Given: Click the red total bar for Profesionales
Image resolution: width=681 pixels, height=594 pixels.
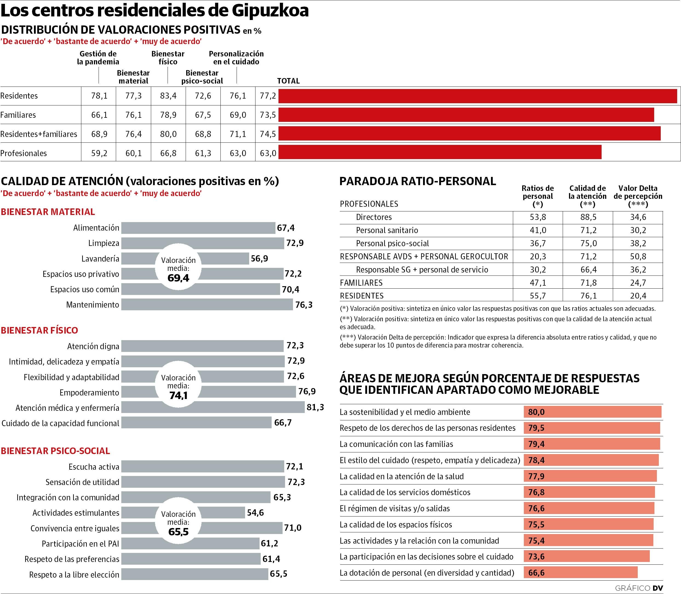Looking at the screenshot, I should coord(439,152).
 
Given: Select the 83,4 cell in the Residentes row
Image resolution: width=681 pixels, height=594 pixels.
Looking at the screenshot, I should coord(168,96).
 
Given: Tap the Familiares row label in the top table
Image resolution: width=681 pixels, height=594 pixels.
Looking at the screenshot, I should coord(19,115).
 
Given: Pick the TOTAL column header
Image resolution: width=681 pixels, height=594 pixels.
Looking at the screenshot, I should coord(288,81).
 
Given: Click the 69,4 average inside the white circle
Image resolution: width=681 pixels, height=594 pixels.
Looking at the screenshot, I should coord(178,278).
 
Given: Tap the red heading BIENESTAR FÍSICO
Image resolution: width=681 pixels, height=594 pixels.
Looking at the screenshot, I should coord(39,330).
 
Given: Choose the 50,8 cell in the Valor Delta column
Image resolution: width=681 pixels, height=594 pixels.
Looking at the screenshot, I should coord(638,257).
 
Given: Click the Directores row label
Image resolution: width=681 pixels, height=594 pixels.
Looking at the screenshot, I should coord(374,217).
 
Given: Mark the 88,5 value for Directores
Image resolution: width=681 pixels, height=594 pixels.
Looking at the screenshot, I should coord(588,217).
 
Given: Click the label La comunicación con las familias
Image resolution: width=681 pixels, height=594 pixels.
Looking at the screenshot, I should coord(396,444).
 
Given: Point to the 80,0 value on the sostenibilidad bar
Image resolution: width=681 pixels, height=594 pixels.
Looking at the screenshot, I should coord(536,412).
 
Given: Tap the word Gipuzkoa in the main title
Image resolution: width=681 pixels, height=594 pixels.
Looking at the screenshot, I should coord(270,11).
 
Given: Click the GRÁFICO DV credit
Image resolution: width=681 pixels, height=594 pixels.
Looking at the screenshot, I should coord(639,588).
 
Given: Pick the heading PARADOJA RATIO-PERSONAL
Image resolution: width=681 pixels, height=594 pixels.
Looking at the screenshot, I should coord(418,181).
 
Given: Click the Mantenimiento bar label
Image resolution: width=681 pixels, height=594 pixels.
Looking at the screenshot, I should coord(93,305).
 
